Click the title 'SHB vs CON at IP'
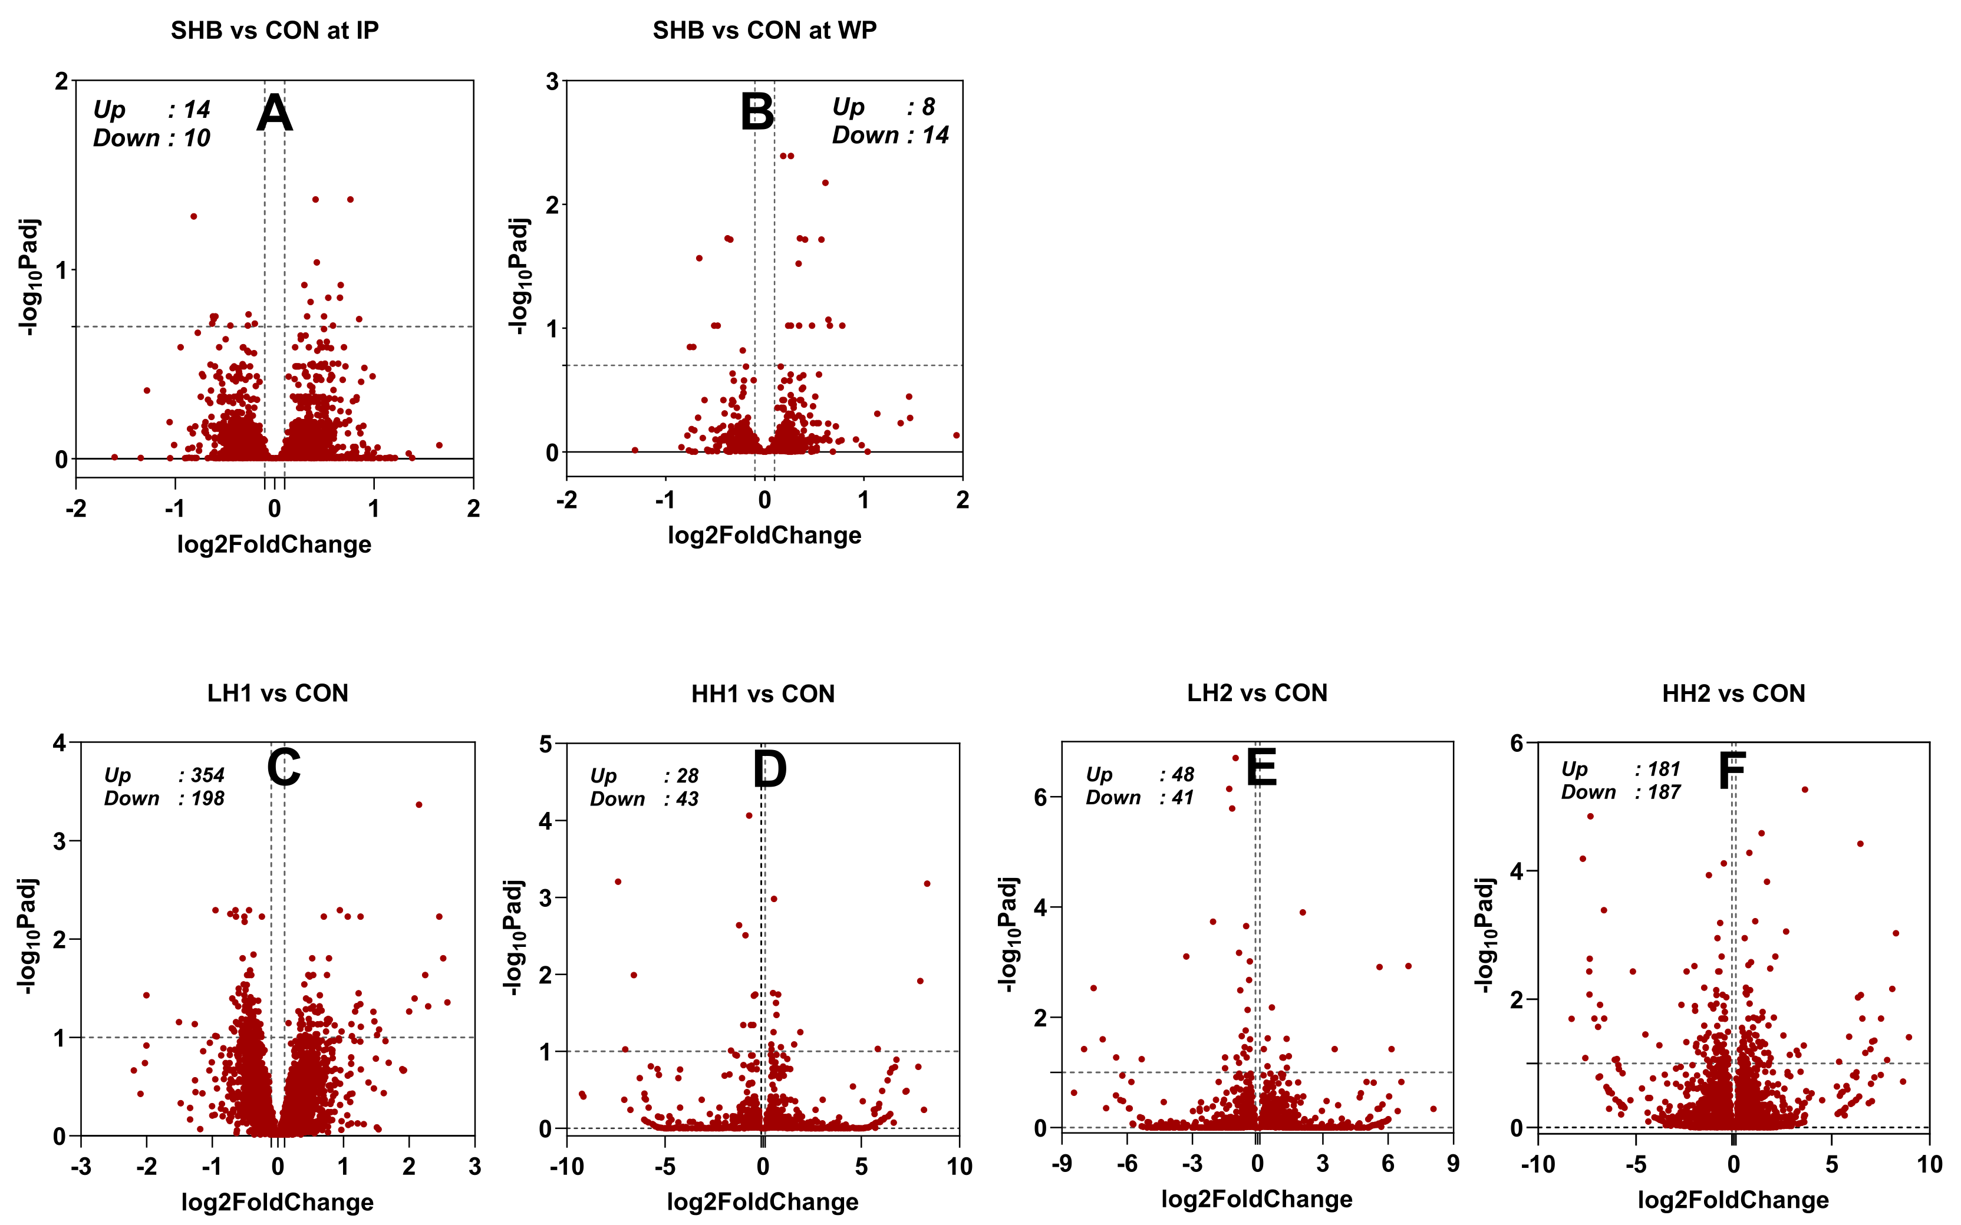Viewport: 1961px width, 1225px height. [x=274, y=30]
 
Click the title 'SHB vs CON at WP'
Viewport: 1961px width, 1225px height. [x=764, y=30]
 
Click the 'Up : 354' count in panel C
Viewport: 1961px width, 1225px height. [x=164, y=775]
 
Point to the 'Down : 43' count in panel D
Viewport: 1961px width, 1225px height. [x=644, y=799]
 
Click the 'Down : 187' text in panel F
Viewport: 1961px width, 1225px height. [x=1621, y=793]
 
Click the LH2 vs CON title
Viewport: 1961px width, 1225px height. [x=1257, y=694]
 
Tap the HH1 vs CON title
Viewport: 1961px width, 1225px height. [x=763, y=694]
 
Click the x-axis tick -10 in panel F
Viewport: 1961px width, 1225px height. [x=1537, y=1165]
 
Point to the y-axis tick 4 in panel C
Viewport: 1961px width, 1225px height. [x=59, y=742]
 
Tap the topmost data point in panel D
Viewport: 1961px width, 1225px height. [x=749, y=816]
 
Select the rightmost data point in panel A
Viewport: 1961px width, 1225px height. [x=439, y=445]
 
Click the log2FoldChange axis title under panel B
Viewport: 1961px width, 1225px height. [x=764, y=536]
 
